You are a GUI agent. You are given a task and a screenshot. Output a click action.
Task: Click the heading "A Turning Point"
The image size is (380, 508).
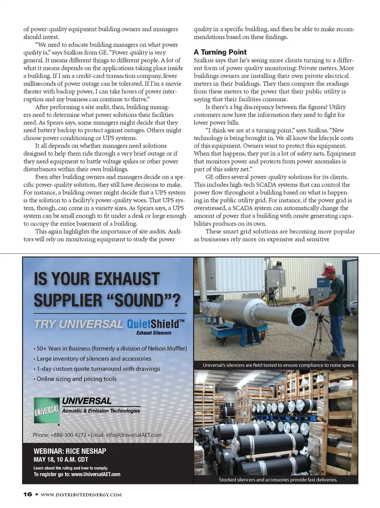[220, 52]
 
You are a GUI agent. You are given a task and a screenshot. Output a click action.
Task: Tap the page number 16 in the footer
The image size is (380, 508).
[27, 495]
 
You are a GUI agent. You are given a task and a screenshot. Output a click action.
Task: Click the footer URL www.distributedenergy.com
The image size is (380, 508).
[81, 495]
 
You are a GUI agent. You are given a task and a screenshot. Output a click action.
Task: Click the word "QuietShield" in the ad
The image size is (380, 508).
[153, 324]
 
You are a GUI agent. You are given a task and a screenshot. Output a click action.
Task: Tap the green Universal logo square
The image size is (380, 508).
[46, 410]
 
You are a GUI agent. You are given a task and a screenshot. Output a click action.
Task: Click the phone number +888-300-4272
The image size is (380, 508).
[68, 435]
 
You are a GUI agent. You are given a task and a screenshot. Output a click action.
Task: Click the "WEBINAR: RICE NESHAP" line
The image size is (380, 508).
[70, 451]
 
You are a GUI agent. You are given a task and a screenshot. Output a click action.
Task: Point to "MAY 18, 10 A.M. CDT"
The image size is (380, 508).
[61, 460]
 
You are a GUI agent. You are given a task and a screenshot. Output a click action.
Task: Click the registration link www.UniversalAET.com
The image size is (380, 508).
[95, 474]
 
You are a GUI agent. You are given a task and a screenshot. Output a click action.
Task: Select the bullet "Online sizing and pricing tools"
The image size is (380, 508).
[76, 379]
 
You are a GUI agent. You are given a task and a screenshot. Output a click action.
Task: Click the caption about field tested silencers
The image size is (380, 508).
[279, 365]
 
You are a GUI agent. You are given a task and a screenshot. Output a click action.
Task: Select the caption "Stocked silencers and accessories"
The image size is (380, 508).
[278, 480]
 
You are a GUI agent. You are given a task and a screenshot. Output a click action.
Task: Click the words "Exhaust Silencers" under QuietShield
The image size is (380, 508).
[154, 333]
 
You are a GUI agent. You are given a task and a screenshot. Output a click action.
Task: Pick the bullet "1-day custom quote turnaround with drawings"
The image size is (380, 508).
[98, 369]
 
